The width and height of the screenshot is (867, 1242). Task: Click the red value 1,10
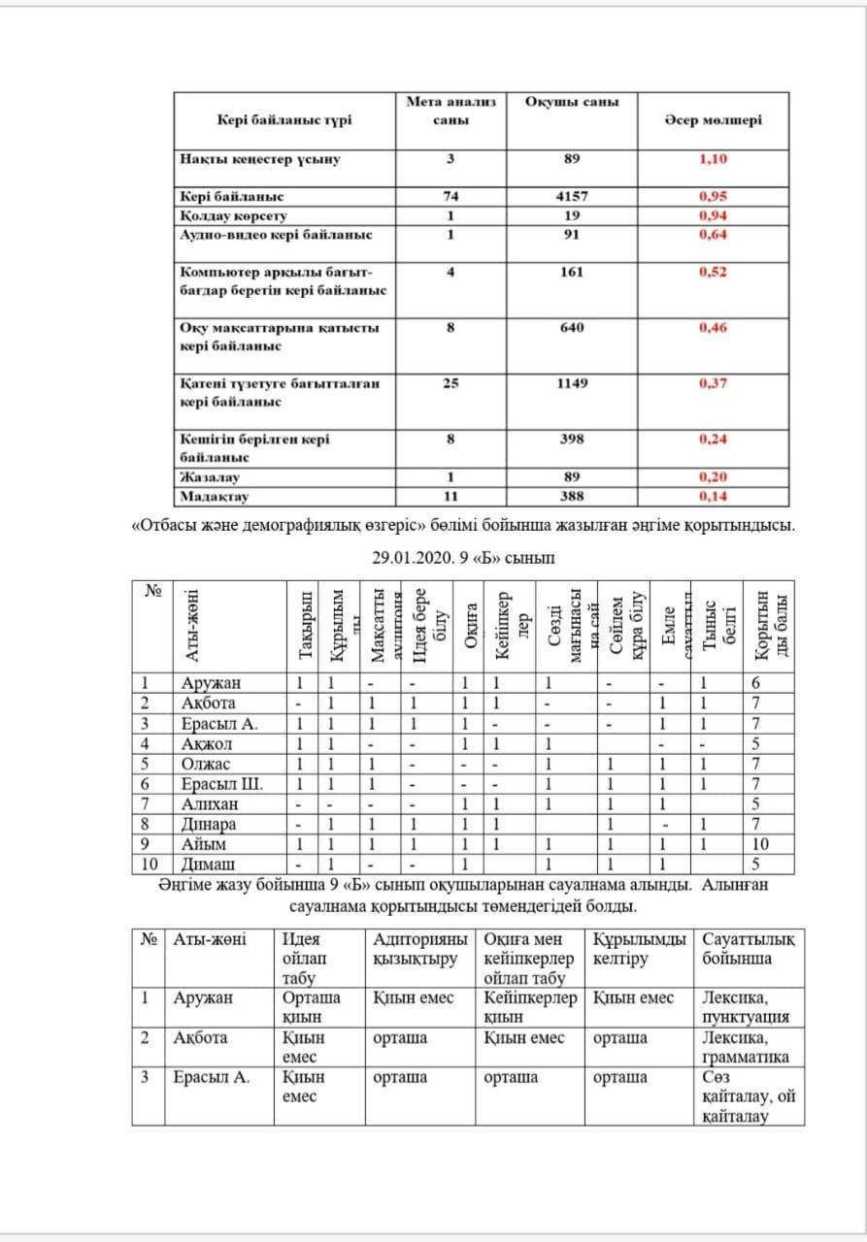tap(713, 159)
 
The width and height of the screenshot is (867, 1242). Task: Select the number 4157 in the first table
tap(572, 196)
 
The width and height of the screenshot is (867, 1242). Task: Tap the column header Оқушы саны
tap(572, 102)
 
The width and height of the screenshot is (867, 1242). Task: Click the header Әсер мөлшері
tap(713, 120)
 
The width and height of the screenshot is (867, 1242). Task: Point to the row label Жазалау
tap(210, 477)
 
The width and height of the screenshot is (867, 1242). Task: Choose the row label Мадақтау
tap(215, 497)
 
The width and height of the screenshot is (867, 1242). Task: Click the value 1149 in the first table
tap(572, 383)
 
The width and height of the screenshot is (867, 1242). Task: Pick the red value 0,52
tap(713, 272)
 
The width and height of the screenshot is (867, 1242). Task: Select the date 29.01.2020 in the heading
tap(411, 558)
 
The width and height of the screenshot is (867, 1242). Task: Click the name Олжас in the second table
tap(207, 764)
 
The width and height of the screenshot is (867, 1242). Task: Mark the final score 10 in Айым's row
tap(760, 844)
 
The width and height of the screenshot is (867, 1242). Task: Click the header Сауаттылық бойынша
tap(749, 948)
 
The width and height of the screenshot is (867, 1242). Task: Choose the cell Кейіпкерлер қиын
tap(530, 1007)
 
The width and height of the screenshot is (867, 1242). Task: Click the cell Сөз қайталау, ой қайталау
tap(746, 1096)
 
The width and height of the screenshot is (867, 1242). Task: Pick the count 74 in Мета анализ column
tap(450, 196)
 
